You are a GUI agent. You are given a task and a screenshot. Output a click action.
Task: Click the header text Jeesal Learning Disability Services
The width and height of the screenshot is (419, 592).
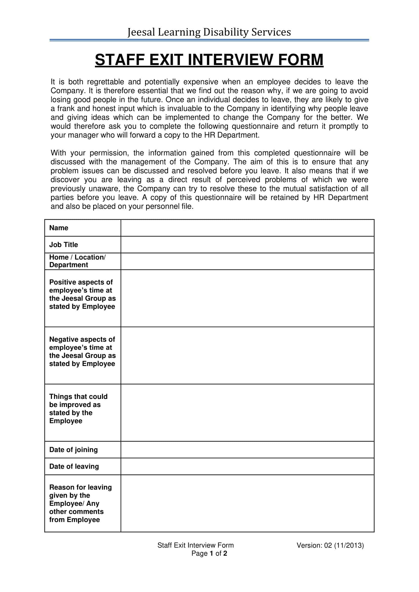pyautogui.click(x=209, y=32)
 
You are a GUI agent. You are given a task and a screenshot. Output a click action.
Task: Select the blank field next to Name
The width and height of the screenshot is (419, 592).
pyautogui.click(x=247, y=228)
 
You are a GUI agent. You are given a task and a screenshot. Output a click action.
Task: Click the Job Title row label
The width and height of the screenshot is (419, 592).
pyautogui.click(x=64, y=244)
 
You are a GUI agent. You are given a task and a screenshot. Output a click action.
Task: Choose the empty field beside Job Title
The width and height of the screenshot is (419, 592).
pyautogui.click(x=247, y=244)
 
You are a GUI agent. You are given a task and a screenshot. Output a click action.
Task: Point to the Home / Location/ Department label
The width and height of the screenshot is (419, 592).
pyautogui.click(x=77, y=261)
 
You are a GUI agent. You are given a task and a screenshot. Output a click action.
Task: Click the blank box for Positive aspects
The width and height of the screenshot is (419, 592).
pyautogui.click(x=247, y=298)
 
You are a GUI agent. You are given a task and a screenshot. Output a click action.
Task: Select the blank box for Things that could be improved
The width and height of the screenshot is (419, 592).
pyautogui.click(x=247, y=413)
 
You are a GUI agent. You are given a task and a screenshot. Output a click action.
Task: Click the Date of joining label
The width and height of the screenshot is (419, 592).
pyautogui.click(x=73, y=450)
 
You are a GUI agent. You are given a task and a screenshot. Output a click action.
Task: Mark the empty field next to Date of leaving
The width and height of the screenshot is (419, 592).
pyautogui.click(x=247, y=466)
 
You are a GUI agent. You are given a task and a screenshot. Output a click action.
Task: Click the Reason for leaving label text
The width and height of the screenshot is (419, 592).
pyautogui.click(x=80, y=487)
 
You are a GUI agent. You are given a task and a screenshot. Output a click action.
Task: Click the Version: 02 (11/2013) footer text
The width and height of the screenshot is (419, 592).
pyautogui.click(x=330, y=545)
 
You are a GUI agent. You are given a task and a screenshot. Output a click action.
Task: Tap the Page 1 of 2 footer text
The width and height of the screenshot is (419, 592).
pyautogui.click(x=209, y=553)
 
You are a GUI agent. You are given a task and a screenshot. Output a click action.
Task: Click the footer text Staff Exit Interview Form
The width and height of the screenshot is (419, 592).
pyautogui.click(x=195, y=545)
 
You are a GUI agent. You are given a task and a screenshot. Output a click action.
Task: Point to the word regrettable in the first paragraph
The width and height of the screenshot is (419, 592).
pyautogui.click(x=105, y=82)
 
